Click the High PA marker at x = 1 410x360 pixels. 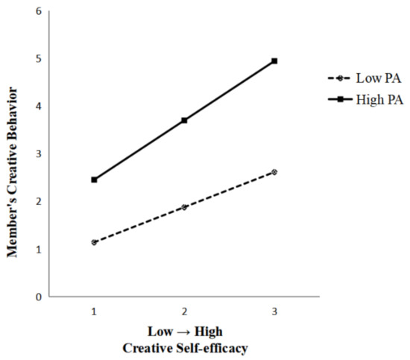pos(94,180)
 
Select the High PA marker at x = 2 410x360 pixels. pos(184,120)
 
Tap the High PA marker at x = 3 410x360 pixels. pos(274,60)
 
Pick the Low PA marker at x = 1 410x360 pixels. pos(94,242)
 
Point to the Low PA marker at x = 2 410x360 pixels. pos(184,206)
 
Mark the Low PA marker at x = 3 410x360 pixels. pos(274,171)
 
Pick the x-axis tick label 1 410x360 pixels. pos(94,309)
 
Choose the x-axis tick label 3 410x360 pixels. pos(274,309)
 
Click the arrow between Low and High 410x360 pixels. pos(183,330)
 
